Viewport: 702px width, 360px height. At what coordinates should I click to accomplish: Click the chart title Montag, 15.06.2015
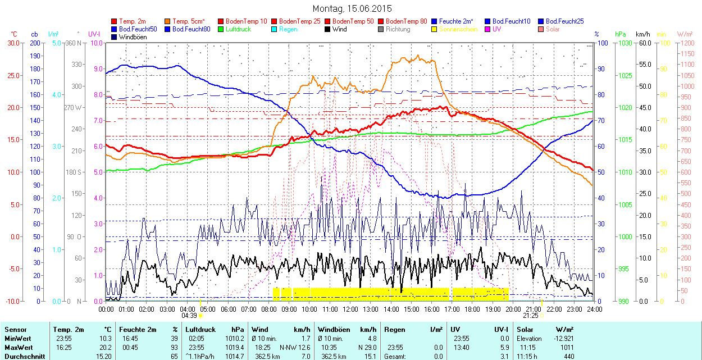coord(352,8)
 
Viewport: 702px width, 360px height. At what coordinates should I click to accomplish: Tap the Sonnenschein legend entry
coord(458,29)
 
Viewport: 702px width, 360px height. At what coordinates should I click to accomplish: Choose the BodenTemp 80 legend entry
coord(407,21)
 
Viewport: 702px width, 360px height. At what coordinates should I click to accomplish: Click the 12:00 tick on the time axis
coord(350,309)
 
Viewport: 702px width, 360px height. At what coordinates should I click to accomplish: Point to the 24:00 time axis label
coord(595,309)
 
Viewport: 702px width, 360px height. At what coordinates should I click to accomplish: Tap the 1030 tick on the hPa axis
coord(625,43)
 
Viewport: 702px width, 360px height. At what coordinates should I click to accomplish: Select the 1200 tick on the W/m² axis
coord(688,43)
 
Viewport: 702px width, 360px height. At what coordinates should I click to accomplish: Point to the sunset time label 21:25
coord(532,315)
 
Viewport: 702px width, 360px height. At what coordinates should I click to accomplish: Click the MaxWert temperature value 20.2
coord(106,348)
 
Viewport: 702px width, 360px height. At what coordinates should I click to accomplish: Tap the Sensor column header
coord(16,330)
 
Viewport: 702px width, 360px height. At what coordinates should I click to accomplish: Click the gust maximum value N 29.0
coord(366,348)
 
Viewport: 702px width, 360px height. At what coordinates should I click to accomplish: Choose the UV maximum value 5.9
coord(504,348)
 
